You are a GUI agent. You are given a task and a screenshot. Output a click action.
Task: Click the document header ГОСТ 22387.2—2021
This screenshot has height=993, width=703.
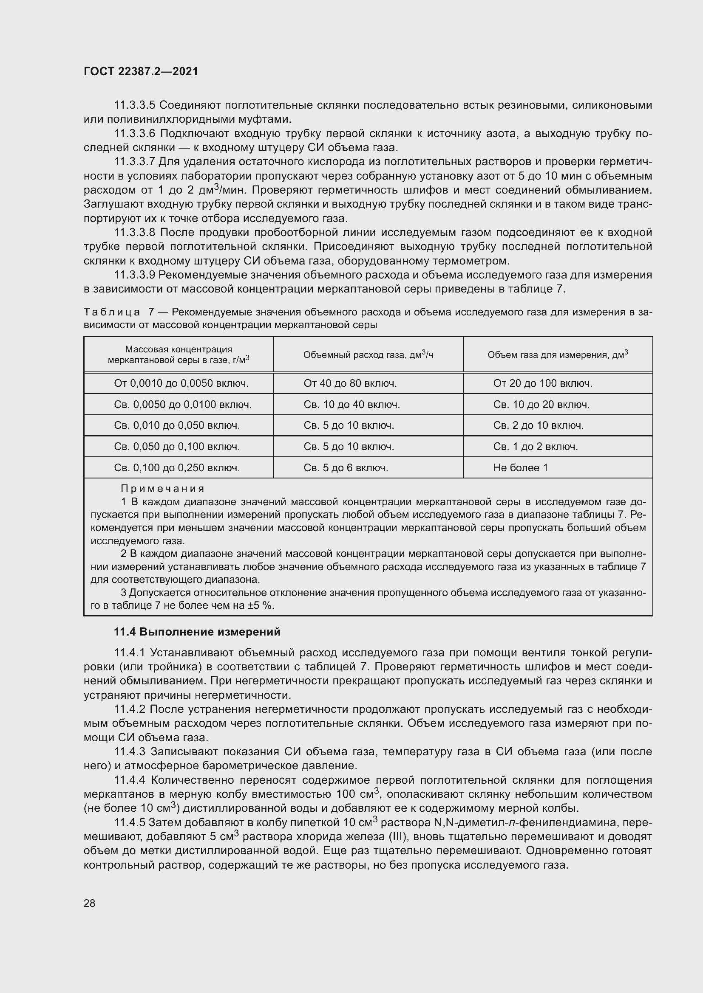(141, 71)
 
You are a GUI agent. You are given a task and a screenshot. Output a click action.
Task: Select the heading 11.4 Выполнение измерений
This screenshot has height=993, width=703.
(197, 632)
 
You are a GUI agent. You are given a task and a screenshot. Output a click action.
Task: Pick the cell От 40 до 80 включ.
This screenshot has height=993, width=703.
(350, 383)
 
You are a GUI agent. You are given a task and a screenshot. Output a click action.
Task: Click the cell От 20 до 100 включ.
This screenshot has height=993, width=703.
(543, 383)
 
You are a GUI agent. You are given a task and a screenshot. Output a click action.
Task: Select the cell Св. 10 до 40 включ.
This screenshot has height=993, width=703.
(351, 405)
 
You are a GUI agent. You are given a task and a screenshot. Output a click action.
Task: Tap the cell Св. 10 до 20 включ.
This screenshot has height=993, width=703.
(541, 405)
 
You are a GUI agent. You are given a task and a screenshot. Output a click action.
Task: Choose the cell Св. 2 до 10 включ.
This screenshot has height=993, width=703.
(539, 425)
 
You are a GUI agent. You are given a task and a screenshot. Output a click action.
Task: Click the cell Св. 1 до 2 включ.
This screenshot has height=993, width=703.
(536, 446)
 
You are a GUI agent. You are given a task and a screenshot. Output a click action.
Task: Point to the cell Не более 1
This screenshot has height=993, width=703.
(520, 467)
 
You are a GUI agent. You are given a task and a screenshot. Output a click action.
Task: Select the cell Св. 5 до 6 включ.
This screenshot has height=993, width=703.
(346, 467)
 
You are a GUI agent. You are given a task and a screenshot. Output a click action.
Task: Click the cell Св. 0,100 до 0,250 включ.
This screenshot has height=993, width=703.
(177, 467)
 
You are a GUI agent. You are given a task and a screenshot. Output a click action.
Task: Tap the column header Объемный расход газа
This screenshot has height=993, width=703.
(368, 355)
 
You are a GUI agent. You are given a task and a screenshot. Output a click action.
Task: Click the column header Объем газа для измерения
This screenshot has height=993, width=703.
(558, 355)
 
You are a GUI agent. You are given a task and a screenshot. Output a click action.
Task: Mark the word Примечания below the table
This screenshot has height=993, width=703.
(162, 489)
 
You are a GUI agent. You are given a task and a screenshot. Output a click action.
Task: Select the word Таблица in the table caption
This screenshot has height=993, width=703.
(112, 312)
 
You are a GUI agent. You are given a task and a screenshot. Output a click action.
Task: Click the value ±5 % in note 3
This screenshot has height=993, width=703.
(261, 605)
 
